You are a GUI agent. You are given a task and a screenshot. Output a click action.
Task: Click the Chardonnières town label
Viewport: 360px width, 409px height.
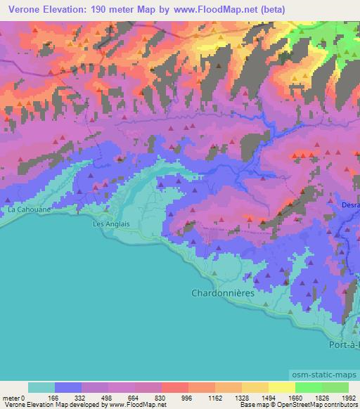point(223,292)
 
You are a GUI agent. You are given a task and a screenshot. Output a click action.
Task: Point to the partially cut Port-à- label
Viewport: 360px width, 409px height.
point(345,346)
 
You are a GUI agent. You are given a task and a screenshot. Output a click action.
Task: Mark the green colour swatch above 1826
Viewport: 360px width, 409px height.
point(309,388)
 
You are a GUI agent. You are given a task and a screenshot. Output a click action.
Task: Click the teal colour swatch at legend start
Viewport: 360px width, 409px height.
point(41,388)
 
